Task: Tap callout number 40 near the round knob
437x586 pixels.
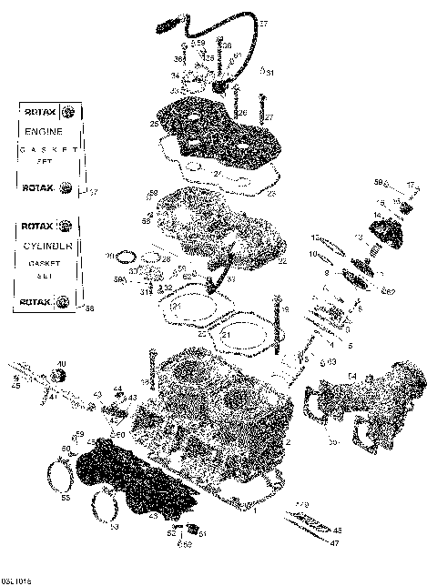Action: (x=61, y=365)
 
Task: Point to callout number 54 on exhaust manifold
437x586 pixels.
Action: (x=352, y=375)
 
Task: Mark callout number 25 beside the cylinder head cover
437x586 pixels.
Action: (x=154, y=123)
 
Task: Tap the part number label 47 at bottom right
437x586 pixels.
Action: (x=334, y=542)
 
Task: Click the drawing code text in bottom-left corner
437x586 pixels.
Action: (x=15, y=579)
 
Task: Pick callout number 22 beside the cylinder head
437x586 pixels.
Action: (x=282, y=262)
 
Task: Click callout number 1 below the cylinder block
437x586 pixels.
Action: (x=256, y=512)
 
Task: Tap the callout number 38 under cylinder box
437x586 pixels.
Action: (x=89, y=308)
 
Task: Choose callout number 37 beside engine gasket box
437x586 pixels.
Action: (x=92, y=192)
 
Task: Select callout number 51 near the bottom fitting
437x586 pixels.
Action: (x=202, y=534)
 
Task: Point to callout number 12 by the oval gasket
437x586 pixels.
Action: (x=312, y=238)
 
